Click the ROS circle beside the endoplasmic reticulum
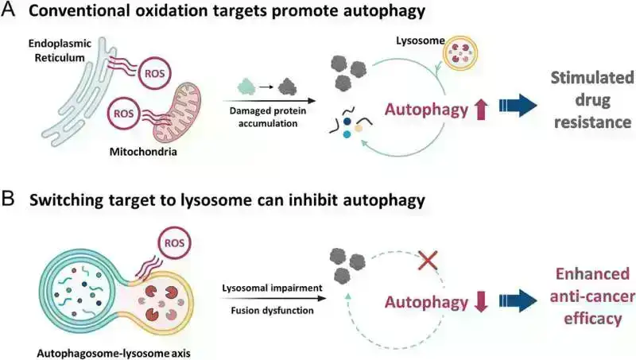[x=153, y=73]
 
